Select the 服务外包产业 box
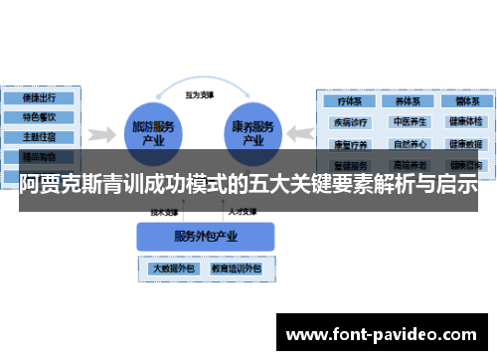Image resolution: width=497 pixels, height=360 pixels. [205, 236]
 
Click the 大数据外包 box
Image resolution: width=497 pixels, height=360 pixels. [172, 268]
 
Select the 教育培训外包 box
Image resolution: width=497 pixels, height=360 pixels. [235, 268]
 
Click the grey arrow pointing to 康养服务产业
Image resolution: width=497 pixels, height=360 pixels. [300, 132]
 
